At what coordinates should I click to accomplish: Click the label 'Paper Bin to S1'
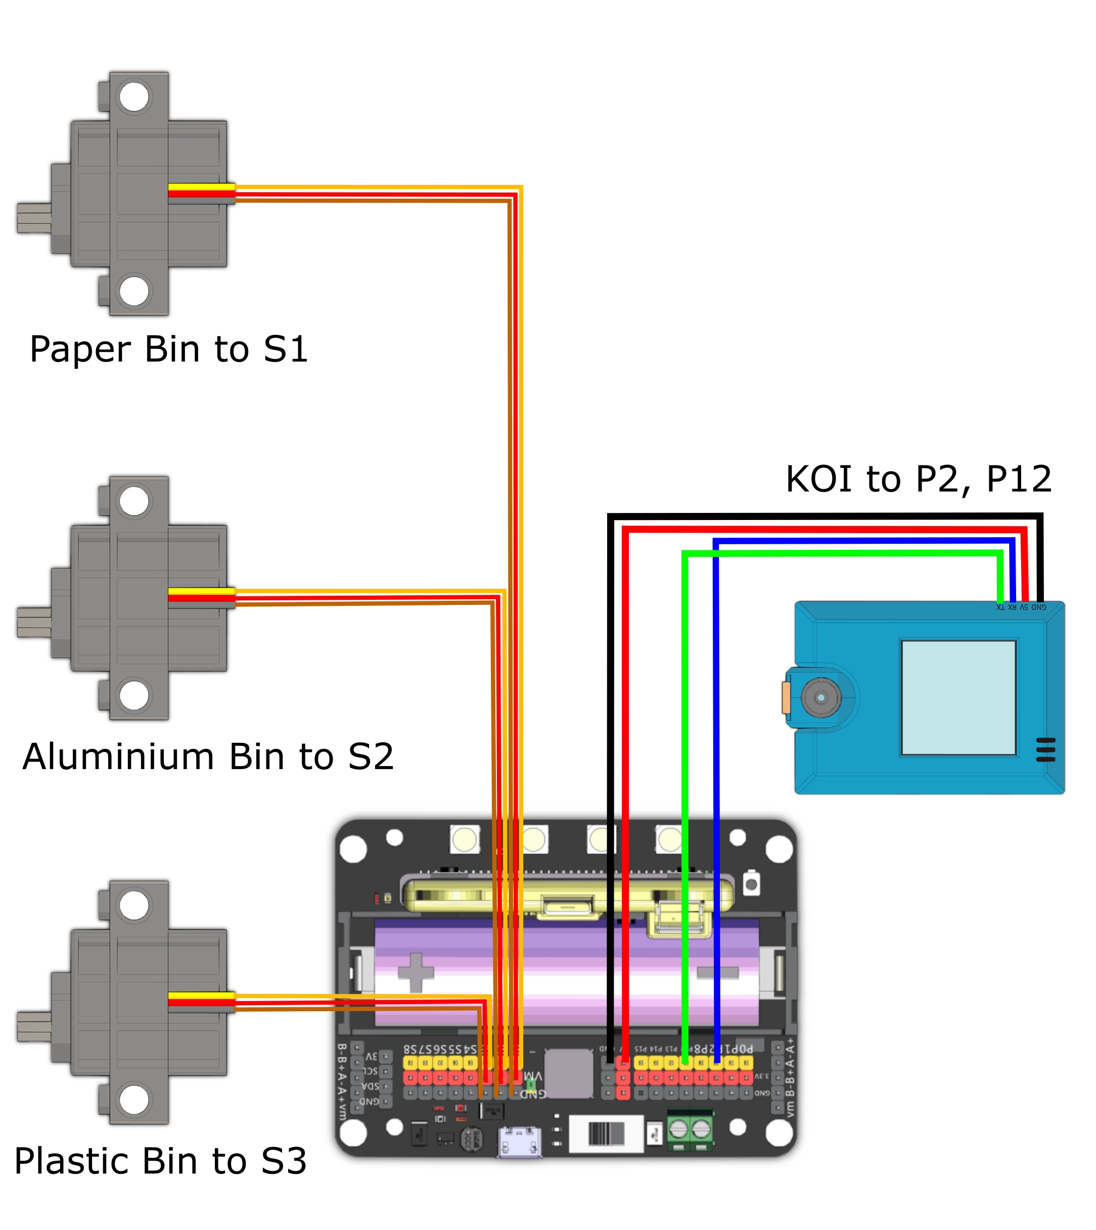click(x=169, y=350)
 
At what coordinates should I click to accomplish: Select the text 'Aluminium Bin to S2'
click(x=208, y=757)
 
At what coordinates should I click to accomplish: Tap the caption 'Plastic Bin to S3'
click(x=161, y=1161)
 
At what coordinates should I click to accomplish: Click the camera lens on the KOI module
click(x=821, y=698)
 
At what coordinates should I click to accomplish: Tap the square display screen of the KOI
click(x=958, y=697)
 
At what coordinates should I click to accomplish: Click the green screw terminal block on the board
click(x=690, y=1129)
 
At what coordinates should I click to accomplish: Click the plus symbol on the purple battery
click(x=416, y=972)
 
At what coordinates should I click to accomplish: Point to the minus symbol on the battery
click(x=717, y=972)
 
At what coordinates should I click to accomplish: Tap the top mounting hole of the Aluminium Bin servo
click(x=133, y=501)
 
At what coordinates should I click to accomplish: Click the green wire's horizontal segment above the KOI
click(x=843, y=553)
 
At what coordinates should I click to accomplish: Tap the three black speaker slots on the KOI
click(x=1045, y=749)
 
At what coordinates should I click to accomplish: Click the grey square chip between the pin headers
click(x=569, y=1073)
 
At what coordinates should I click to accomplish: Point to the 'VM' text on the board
click(x=533, y=1075)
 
